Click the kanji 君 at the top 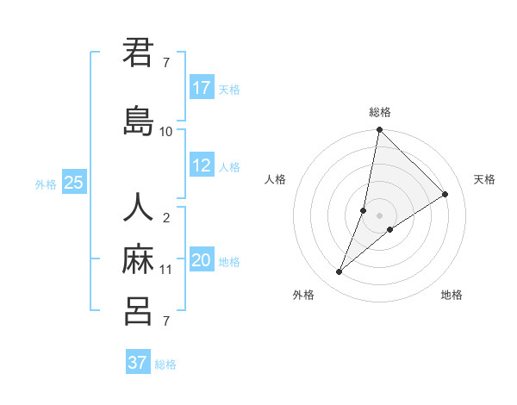(138, 53)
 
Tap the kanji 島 (138, 121)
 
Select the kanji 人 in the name (138, 209)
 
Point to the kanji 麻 (138, 259)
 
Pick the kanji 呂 (138, 311)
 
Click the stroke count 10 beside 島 (166, 132)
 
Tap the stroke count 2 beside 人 (166, 218)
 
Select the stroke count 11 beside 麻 (166, 270)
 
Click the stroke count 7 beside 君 (166, 63)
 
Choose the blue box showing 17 (202, 88)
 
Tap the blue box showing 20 (202, 260)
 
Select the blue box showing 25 (74, 183)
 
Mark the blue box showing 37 (138, 363)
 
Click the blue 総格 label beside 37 (166, 364)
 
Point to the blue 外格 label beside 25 (46, 184)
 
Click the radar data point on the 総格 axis (379, 130)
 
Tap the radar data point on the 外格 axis (339, 272)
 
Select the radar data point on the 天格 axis (445, 195)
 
